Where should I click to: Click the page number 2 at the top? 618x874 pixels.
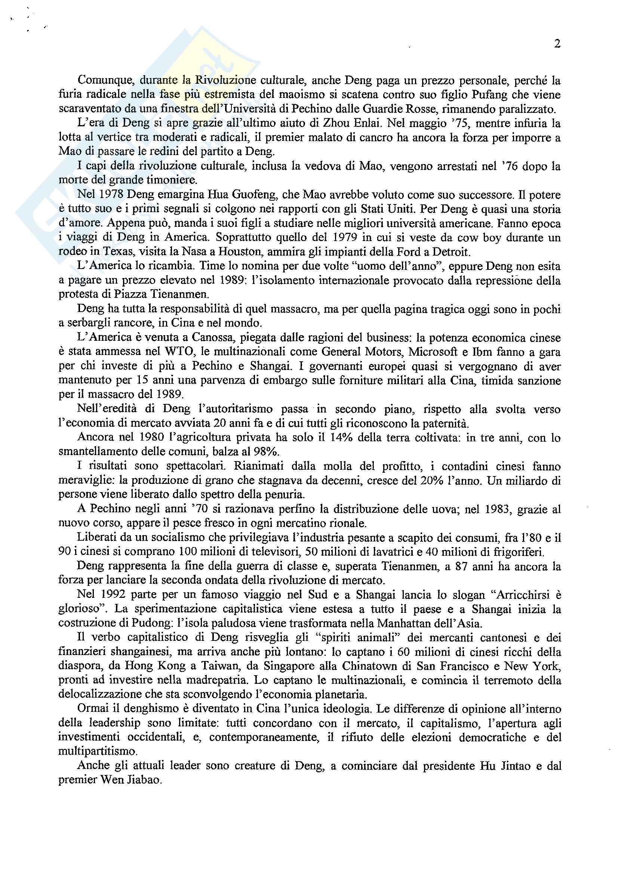[557, 44]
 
